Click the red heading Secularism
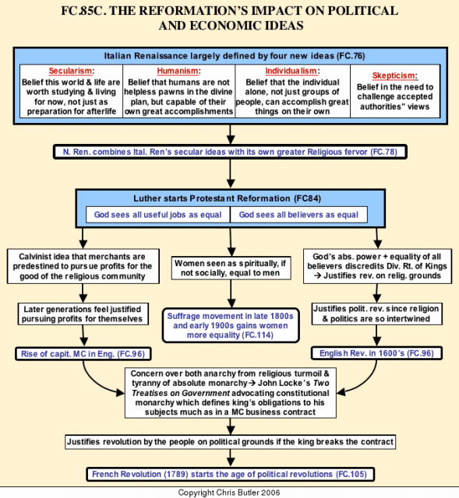(70, 71)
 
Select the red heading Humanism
(178, 71)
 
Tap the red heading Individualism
(291, 71)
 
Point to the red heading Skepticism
(394, 75)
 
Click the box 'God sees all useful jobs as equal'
(157, 215)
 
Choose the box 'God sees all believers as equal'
(298, 215)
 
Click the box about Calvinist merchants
(83, 266)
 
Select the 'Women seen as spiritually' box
(231, 268)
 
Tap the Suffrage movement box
(231, 325)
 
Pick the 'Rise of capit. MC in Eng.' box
(83, 354)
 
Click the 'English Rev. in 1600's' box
(376, 353)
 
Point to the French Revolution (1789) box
(230, 474)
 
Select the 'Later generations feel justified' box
(83, 314)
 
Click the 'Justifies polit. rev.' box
(377, 314)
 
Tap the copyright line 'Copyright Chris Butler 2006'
(229, 493)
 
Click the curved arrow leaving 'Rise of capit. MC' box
(94, 383)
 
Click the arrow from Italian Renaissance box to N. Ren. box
(231, 135)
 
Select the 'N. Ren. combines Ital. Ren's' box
(230, 152)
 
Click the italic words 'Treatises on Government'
(181, 393)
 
